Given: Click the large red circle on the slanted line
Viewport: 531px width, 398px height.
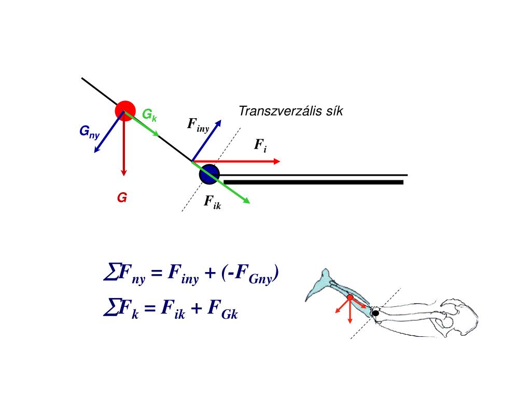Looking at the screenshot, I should tap(125, 110).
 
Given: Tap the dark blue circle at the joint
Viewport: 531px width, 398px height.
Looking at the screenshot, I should tap(209, 174).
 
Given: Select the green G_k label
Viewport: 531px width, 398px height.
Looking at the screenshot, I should tap(149, 115).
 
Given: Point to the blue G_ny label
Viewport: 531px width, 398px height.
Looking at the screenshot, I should tap(89, 132).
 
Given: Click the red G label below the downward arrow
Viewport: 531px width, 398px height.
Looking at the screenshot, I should tap(122, 197).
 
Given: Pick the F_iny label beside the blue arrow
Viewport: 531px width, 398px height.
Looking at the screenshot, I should tap(198, 125).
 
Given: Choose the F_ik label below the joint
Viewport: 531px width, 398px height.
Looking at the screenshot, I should tap(213, 202).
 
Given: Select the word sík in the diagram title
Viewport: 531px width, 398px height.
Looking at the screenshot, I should tap(332, 111).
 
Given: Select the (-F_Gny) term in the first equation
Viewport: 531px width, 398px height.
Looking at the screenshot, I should tap(250, 273).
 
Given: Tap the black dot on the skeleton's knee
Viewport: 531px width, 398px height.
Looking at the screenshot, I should tap(375, 313).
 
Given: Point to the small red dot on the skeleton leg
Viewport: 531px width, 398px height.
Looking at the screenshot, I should tap(350, 297).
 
